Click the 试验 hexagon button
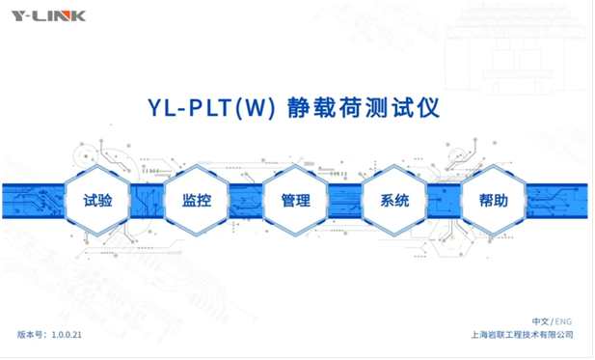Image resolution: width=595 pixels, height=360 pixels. pyautogui.click(x=97, y=200)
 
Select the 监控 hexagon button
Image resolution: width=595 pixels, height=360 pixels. pyautogui.click(x=197, y=200)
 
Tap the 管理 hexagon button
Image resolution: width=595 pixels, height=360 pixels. pyautogui.click(x=295, y=200)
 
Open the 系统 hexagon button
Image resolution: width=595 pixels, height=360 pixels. pyautogui.click(x=394, y=200)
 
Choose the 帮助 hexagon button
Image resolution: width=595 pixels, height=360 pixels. pyautogui.click(x=494, y=200)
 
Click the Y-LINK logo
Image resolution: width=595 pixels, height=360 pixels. pyautogui.click(x=48, y=16)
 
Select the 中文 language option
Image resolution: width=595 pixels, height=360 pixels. pyautogui.click(x=540, y=321)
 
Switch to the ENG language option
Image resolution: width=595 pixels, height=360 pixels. pyautogui.click(x=563, y=322)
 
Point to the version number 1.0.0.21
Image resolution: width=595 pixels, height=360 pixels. pyautogui.click(x=67, y=335)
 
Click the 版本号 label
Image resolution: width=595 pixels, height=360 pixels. pyautogui.click(x=30, y=335)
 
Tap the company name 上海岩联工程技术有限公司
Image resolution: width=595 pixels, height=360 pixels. pyautogui.click(x=522, y=335)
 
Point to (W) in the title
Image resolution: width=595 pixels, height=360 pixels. pyautogui.click(x=256, y=108)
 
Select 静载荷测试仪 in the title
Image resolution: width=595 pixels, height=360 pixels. pyautogui.click(x=364, y=108)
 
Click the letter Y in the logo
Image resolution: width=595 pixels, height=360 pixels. pyautogui.click(x=18, y=16)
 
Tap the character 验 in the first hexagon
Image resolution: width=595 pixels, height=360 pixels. pyautogui.click(x=105, y=200)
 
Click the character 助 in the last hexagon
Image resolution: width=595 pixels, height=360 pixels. pyautogui.click(x=500, y=200)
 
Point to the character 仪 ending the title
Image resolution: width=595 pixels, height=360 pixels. pyautogui.click(x=428, y=108)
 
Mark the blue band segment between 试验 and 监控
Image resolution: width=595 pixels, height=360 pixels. pyautogui.click(x=148, y=201)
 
